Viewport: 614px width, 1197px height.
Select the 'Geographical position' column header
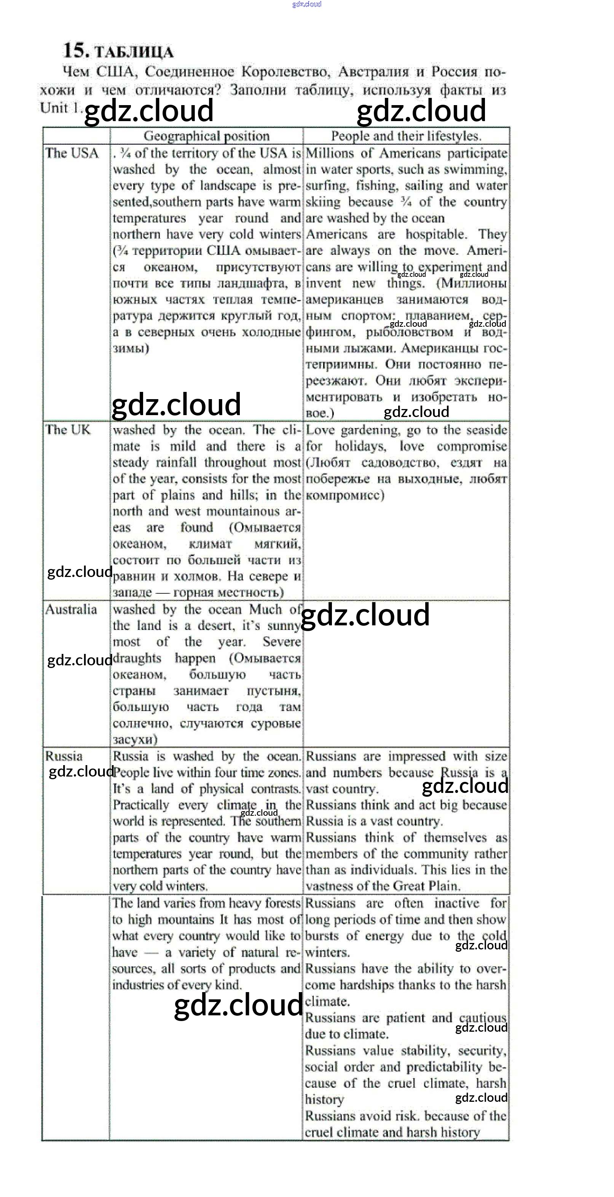206,136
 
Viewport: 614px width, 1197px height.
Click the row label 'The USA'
72,153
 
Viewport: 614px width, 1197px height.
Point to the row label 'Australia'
71,610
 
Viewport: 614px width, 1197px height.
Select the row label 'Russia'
64,756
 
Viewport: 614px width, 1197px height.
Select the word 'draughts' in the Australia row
137,658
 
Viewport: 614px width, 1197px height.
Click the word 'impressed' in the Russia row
416,756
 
